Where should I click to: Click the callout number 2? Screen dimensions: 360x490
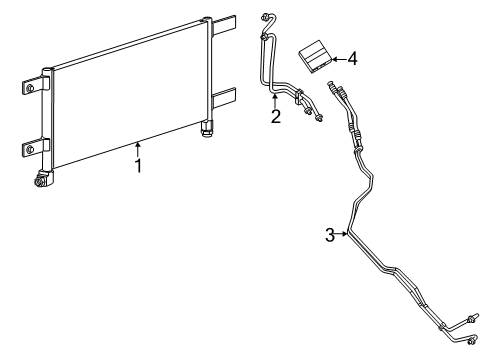(x=275, y=116)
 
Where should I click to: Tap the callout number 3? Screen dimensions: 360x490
(x=329, y=235)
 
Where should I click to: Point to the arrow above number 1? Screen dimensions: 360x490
(x=138, y=149)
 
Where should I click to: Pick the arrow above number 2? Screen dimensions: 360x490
(x=275, y=99)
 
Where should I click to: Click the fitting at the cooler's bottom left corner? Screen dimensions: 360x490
(x=43, y=180)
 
